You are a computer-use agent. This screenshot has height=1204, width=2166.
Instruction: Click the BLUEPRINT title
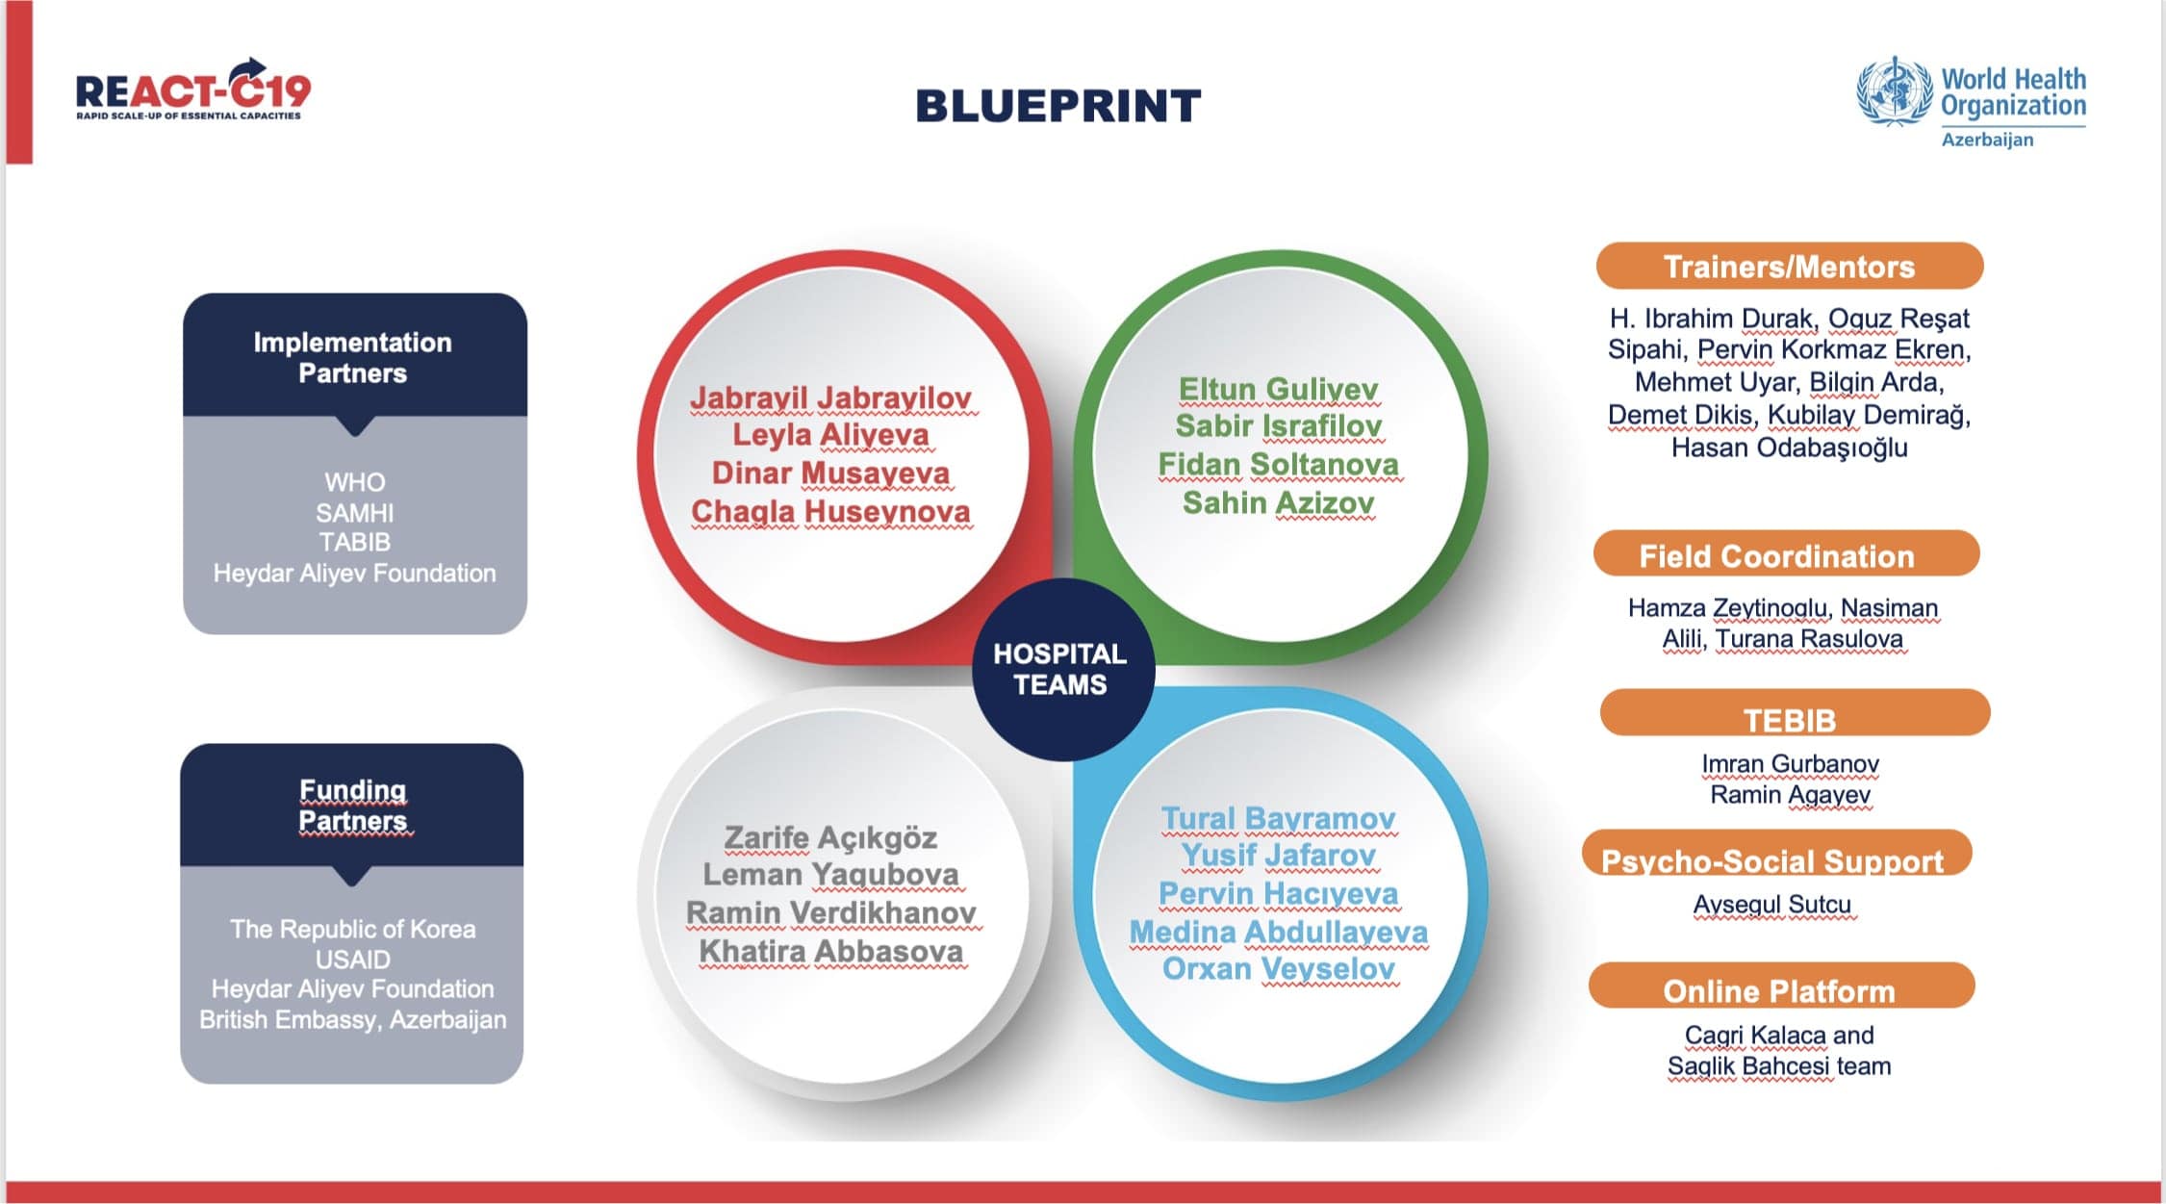click(1058, 106)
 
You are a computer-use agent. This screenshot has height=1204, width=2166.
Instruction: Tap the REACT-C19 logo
click(193, 90)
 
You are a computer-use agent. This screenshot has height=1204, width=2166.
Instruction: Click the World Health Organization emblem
click(1894, 91)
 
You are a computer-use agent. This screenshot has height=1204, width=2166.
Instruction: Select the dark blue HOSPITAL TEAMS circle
click(1062, 669)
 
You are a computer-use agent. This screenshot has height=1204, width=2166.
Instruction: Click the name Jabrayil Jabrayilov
click(831, 397)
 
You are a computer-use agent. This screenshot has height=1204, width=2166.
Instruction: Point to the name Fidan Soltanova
click(1278, 464)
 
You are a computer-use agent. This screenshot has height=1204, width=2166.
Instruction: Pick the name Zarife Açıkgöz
click(830, 837)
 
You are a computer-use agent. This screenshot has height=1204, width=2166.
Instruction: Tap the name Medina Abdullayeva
click(1278, 932)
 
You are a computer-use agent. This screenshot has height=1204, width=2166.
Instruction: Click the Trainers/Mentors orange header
click(1790, 266)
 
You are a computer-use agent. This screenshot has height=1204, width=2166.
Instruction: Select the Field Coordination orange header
click(1786, 554)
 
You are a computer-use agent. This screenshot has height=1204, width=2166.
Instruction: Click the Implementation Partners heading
click(353, 357)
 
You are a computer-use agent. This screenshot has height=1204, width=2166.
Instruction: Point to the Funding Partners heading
click(353, 805)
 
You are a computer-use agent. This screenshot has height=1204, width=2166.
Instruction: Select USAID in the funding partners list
click(353, 960)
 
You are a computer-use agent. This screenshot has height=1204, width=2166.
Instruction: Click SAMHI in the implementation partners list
click(355, 512)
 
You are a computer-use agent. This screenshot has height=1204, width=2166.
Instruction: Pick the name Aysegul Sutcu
click(1772, 905)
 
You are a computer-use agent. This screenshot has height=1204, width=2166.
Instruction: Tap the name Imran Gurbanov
click(1790, 763)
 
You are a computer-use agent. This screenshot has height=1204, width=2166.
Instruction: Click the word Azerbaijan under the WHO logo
click(1988, 140)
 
